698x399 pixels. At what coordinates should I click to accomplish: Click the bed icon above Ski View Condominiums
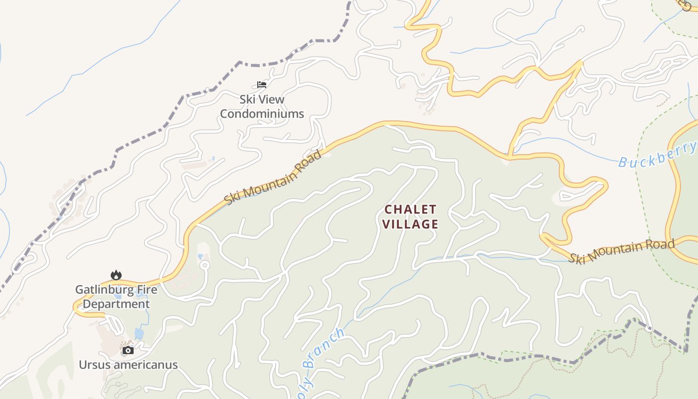262,84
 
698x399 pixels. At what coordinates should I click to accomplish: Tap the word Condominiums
262,114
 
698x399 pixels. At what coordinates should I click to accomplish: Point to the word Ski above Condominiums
247,99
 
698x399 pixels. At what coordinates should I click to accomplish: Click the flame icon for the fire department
116,275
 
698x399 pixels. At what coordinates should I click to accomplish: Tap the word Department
116,304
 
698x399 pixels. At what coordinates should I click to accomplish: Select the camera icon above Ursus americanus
128,350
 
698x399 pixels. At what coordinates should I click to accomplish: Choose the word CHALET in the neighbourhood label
410,209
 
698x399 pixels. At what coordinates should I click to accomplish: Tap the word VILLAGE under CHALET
410,224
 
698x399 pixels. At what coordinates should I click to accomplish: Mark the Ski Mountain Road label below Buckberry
622,251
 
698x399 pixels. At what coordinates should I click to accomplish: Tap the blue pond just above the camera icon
139,333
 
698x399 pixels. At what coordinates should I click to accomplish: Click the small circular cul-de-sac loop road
203,265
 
